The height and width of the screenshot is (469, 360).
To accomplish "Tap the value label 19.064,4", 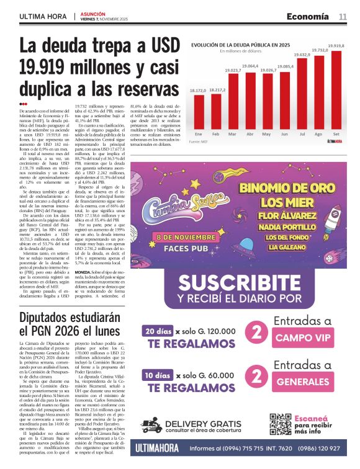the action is pos(250,65).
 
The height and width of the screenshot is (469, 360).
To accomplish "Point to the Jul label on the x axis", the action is pos(302,134).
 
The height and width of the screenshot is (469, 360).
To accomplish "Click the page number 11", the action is pos(342,16).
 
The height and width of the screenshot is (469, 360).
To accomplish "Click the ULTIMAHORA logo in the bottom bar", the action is pos(163,448).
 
